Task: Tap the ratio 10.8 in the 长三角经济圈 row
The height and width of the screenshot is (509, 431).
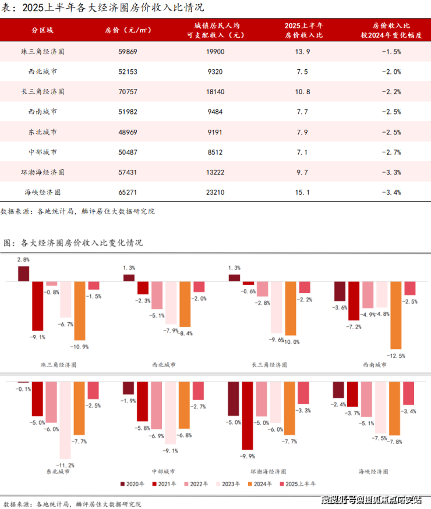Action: tap(303, 92)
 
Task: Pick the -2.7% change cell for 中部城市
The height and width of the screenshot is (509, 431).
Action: tap(388, 152)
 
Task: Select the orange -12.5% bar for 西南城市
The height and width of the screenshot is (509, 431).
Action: tap(396, 315)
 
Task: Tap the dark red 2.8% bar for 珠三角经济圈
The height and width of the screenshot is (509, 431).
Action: tap(24, 274)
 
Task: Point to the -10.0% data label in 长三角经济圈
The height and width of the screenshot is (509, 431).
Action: tap(292, 341)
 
